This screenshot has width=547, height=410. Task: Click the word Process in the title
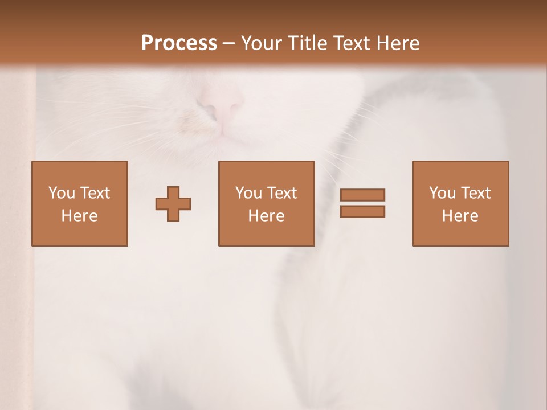tap(179, 43)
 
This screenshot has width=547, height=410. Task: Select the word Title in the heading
tap(309, 43)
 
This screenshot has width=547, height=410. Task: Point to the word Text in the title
tap(352, 43)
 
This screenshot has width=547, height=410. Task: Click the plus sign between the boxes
tap(173, 204)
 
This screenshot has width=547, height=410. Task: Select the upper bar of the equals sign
tap(362, 195)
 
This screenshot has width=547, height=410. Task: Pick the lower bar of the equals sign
tap(362, 212)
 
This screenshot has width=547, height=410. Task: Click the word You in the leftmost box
tap(62, 193)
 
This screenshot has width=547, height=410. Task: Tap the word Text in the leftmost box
tap(95, 193)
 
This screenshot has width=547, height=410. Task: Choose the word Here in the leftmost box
tap(79, 216)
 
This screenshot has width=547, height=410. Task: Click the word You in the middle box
tap(248, 193)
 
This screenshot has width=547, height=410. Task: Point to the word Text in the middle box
tap(282, 193)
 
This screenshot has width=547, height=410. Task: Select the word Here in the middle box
tap(266, 216)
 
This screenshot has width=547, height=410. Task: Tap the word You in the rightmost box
tap(442, 193)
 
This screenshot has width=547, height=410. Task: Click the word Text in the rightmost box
tap(476, 193)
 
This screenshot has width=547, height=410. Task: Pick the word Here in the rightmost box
tap(460, 216)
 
